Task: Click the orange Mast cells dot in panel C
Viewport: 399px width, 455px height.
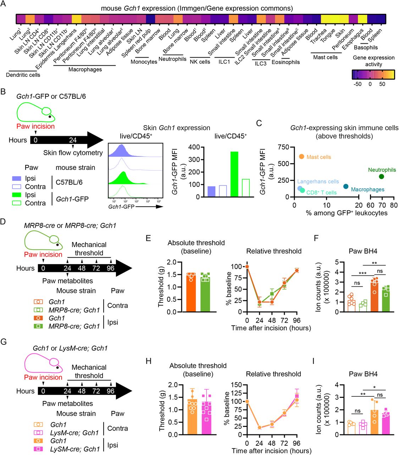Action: click(x=301, y=156)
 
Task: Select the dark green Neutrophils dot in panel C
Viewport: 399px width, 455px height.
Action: click(x=381, y=176)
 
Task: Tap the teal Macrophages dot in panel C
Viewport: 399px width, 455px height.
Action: click(x=346, y=186)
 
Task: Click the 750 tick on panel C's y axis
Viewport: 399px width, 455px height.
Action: click(x=283, y=147)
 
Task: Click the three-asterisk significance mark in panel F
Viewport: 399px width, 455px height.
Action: click(x=362, y=274)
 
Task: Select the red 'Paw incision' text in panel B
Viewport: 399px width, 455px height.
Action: click(x=35, y=126)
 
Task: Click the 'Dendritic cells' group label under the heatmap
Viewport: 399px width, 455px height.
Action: click(x=23, y=75)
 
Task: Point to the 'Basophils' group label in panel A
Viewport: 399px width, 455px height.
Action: click(x=366, y=48)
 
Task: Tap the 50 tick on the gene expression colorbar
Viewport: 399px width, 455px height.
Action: click(x=382, y=84)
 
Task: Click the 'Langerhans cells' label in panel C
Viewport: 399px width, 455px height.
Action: click(x=318, y=182)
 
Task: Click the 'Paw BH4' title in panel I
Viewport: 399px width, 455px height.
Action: click(x=363, y=374)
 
